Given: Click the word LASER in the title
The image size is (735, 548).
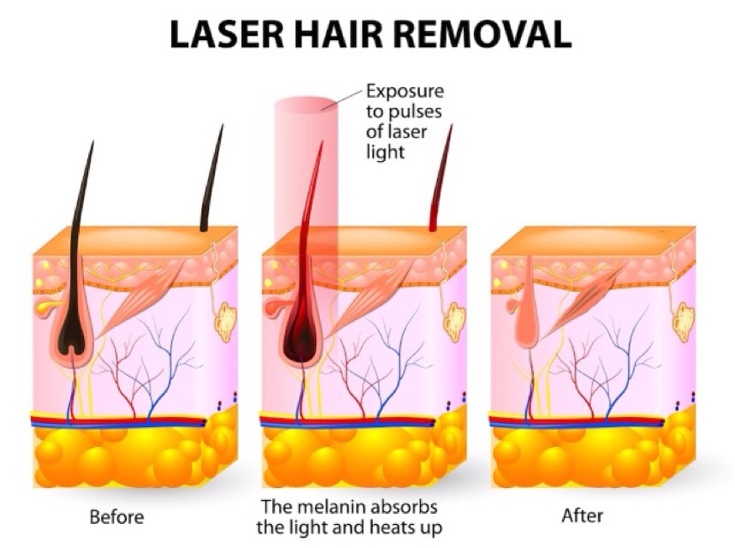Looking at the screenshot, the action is pyautogui.click(x=227, y=34).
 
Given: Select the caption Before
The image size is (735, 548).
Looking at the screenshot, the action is pyautogui.click(x=116, y=517).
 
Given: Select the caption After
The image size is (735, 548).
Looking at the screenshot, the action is pyautogui.click(x=582, y=515).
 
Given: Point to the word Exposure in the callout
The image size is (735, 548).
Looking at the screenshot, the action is pyautogui.click(x=405, y=92).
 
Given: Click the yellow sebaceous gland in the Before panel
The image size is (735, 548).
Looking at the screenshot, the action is pyautogui.click(x=46, y=307).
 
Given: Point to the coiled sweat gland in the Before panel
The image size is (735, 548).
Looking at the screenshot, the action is pyautogui.click(x=226, y=322).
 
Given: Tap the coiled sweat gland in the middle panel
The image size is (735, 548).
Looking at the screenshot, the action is pyautogui.click(x=454, y=322).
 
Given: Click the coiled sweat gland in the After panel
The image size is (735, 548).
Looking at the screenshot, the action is pyautogui.click(x=684, y=322).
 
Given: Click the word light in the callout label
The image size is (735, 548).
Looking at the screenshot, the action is pyautogui.click(x=385, y=153).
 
